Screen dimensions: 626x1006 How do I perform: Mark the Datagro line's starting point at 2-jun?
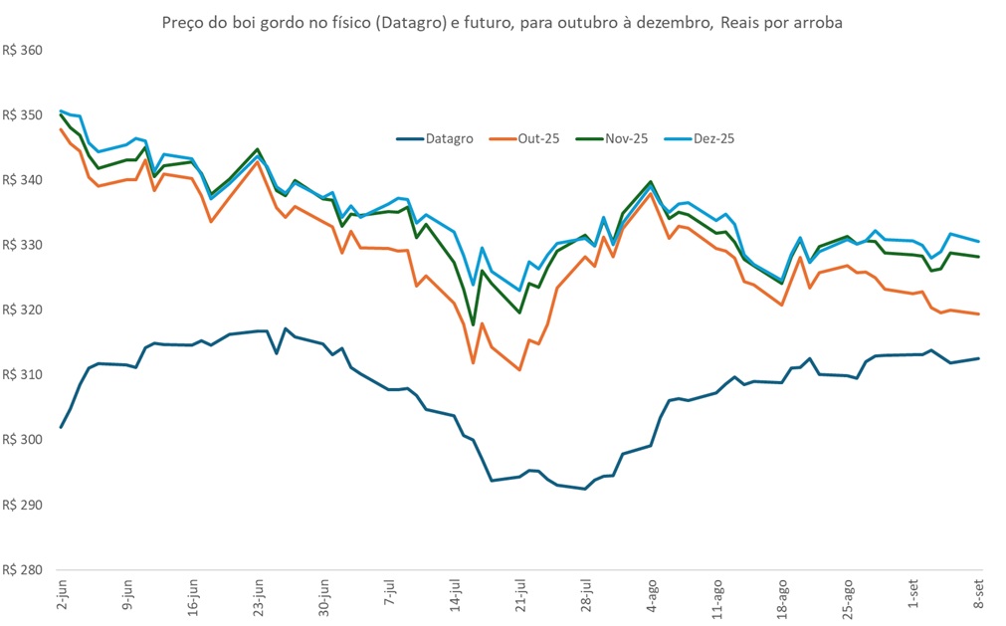(x=62, y=427)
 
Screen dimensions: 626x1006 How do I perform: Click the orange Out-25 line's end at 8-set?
(x=979, y=314)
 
